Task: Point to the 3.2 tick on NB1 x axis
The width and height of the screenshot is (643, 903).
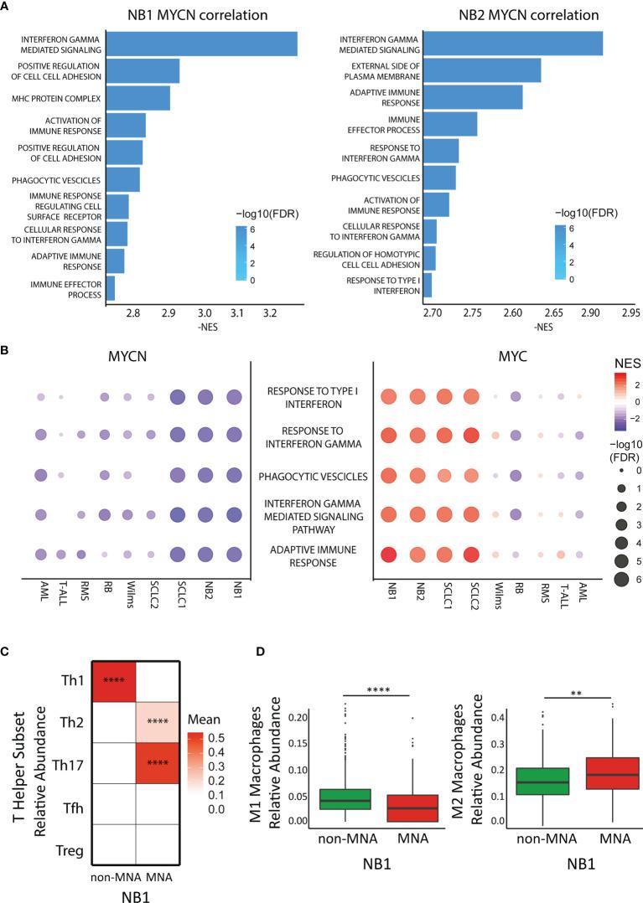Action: coord(269,314)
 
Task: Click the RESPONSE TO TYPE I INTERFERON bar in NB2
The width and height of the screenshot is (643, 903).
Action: coord(428,285)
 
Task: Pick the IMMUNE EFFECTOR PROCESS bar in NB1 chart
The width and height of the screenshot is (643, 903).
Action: coord(110,287)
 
